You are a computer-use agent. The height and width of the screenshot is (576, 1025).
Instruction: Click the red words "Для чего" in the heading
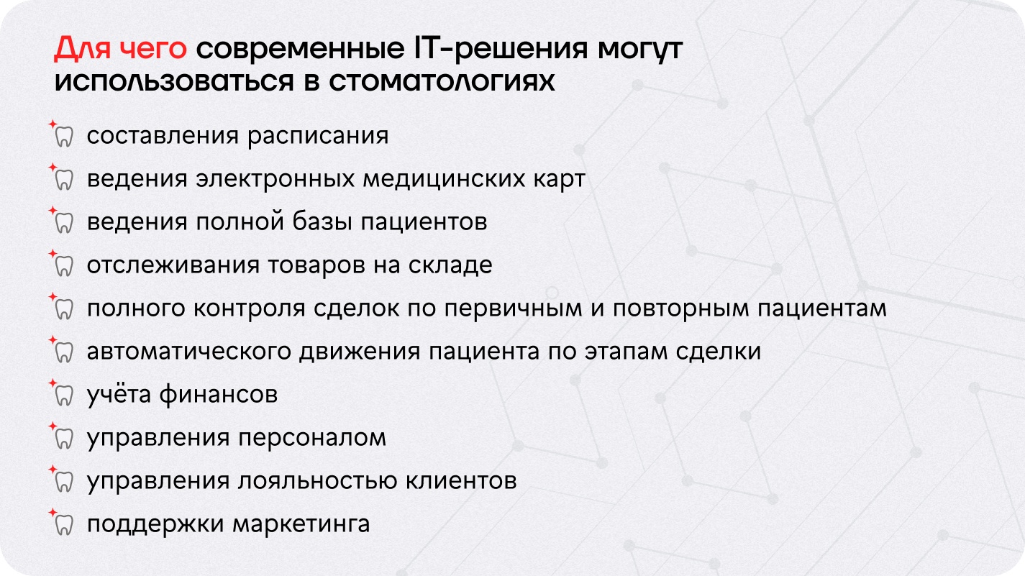(120, 48)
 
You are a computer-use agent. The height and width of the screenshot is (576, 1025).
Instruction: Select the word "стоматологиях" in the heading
(442, 82)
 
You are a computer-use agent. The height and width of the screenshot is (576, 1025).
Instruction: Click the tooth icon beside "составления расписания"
(64, 137)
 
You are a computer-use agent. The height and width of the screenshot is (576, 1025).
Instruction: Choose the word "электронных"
(275, 178)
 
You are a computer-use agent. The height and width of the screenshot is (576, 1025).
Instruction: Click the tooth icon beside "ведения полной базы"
(64, 223)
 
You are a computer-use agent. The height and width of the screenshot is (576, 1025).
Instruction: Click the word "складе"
(450, 265)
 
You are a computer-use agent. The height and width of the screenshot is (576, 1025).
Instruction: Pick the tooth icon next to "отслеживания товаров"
(64, 266)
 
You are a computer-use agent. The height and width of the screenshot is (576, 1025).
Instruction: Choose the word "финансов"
(218, 395)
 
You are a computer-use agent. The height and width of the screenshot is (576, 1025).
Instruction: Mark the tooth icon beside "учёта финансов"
(64, 396)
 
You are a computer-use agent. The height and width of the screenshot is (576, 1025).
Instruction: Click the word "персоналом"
(312, 438)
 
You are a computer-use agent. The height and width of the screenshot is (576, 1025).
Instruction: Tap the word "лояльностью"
(317, 481)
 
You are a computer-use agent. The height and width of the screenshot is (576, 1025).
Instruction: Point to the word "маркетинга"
(301, 524)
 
